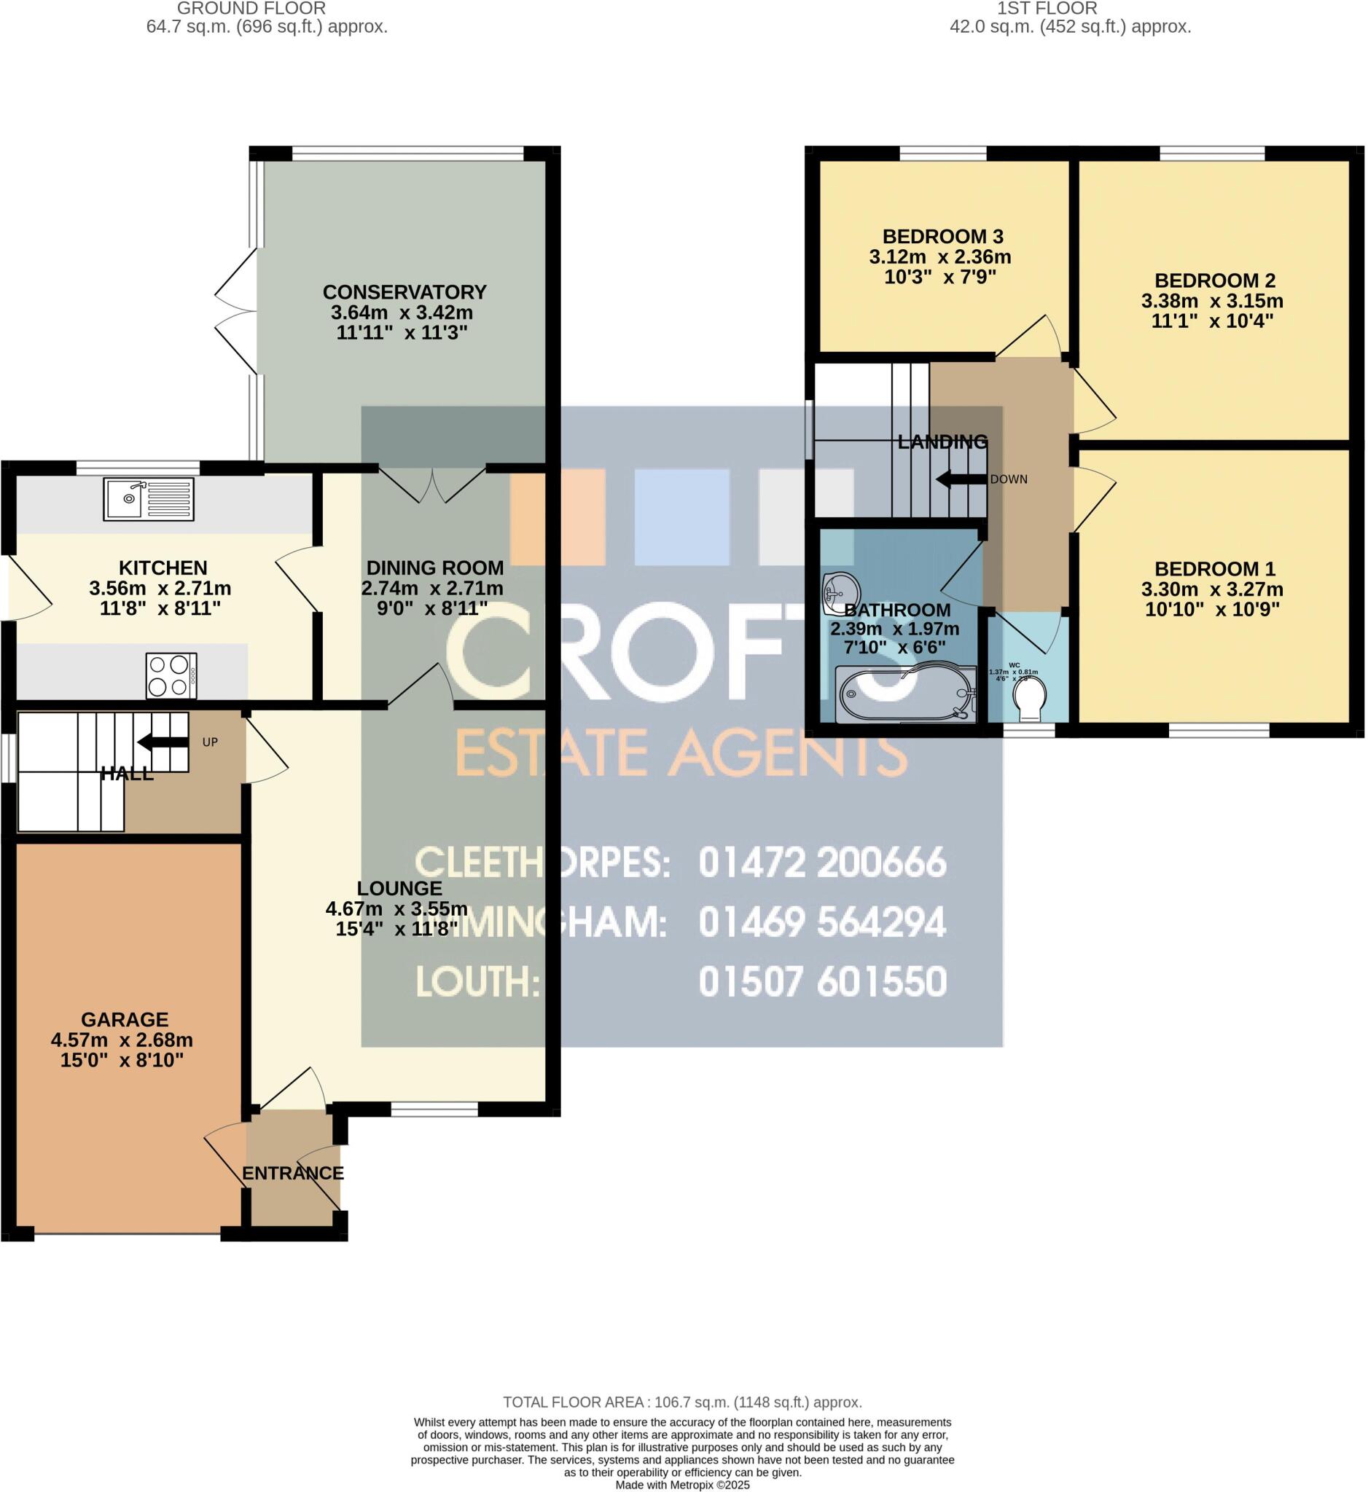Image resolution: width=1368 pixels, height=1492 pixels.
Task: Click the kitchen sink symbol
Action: click(149, 499)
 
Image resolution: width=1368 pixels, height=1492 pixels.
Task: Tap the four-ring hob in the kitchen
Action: click(171, 675)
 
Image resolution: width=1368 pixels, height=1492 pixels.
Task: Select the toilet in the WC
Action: click(1029, 699)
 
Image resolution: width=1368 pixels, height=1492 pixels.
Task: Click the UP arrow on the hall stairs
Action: click(163, 742)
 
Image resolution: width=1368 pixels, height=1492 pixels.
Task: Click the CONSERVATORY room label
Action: click(404, 291)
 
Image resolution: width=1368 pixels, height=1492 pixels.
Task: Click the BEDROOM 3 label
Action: click(942, 237)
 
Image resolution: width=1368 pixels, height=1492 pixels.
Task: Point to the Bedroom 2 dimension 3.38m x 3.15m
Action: click(1212, 301)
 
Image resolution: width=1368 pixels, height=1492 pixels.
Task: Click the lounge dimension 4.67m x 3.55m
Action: click(396, 908)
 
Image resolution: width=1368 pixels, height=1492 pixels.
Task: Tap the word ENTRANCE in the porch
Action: click(293, 1173)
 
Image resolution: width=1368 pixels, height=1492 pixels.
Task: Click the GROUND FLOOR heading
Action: click(251, 9)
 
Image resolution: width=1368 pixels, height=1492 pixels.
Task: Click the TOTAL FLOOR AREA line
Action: click(681, 1402)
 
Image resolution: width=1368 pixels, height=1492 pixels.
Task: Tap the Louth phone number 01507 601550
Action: click(822, 982)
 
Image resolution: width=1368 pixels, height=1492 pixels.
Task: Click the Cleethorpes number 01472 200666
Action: click(822, 862)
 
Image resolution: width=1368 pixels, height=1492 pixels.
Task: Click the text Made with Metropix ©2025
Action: click(681, 1485)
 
